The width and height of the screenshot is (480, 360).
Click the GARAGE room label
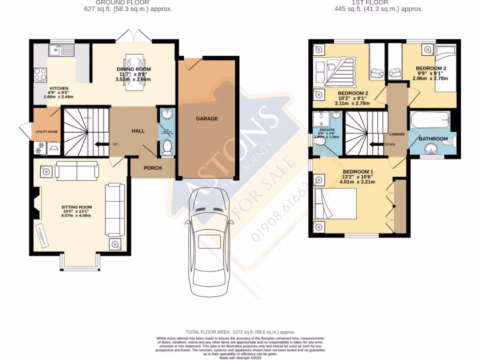coord(207,119)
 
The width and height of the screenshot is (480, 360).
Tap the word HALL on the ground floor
coord(138,131)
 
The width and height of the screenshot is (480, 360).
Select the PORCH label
coord(152,168)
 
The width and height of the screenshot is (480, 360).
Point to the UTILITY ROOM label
coord(46,132)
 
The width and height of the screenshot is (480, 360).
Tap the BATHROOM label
coord(433,139)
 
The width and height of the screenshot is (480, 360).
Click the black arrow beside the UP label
coord(100,144)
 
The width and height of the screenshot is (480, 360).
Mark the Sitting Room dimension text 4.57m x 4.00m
coord(76,216)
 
